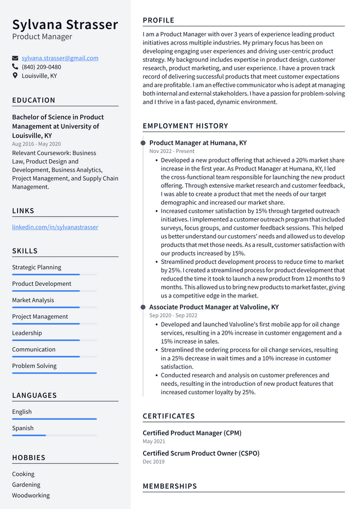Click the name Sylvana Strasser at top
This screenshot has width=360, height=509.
click(x=65, y=25)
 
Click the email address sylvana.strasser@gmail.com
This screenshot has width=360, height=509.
click(x=60, y=58)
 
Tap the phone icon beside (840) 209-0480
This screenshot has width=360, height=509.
click(x=15, y=67)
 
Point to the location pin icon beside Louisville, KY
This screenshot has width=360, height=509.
click(x=15, y=75)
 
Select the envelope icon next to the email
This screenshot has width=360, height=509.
click(x=15, y=58)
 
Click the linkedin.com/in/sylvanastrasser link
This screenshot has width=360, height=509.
click(x=55, y=227)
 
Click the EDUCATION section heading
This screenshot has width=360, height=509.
click(x=34, y=100)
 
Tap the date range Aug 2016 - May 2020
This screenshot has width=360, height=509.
click(x=37, y=144)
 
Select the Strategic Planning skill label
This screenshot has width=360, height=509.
click(x=37, y=267)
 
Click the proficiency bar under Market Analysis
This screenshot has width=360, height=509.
click(x=54, y=308)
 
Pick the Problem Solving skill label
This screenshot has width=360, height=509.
click(x=34, y=366)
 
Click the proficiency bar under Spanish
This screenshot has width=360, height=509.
click(x=54, y=435)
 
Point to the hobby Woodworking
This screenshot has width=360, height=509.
click(x=31, y=496)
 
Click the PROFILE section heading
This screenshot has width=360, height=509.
click(x=158, y=20)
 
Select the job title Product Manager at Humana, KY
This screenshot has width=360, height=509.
click(x=197, y=143)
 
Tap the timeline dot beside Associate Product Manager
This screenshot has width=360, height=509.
click(x=143, y=307)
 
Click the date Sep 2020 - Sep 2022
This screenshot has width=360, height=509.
click(x=173, y=316)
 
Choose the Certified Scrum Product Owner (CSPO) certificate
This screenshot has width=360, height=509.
click(x=201, y=453)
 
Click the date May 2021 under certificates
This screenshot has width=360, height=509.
click(x=154, y=442)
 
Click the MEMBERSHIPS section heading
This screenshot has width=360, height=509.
click(x=170, y=486)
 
